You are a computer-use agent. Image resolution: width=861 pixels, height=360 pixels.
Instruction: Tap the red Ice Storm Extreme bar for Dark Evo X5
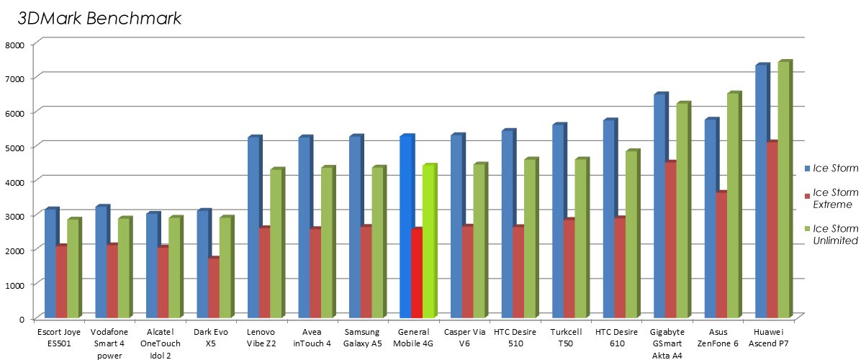point(212,288)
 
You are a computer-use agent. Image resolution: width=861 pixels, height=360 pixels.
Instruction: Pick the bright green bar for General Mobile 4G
point(428,242)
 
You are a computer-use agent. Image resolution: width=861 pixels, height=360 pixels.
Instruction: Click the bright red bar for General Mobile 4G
point(416,274)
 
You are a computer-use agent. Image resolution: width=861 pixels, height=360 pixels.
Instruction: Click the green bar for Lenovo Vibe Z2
point(276,244)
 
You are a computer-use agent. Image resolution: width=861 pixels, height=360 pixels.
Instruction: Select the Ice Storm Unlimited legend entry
point(834,235)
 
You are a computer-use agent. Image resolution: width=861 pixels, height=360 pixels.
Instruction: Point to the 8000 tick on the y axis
point(15,44)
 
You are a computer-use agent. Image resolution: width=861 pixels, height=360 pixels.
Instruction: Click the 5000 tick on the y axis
point(15,147)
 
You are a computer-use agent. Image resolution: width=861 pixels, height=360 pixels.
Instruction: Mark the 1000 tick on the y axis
point(15,284)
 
